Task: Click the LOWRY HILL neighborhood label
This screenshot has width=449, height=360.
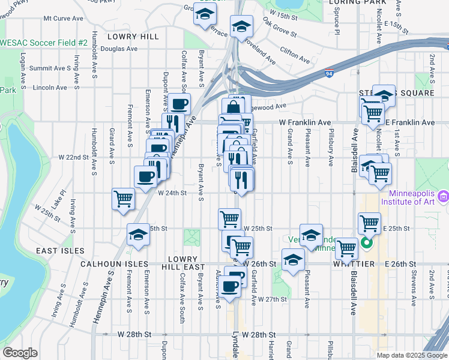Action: (x=125, y=37)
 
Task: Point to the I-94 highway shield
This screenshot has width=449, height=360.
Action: (x=363, y=73)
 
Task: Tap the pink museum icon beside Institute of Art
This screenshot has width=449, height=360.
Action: (x=443, y=196)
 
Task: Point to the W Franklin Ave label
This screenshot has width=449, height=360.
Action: (x=305, y=122)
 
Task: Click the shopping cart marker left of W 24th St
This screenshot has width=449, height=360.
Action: (x=123, y=199)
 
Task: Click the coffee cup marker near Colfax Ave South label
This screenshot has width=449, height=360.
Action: (x=178, y=104)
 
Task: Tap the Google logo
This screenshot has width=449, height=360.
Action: (x=20, y=353)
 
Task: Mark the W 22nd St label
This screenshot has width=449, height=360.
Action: (x=73, y=157)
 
